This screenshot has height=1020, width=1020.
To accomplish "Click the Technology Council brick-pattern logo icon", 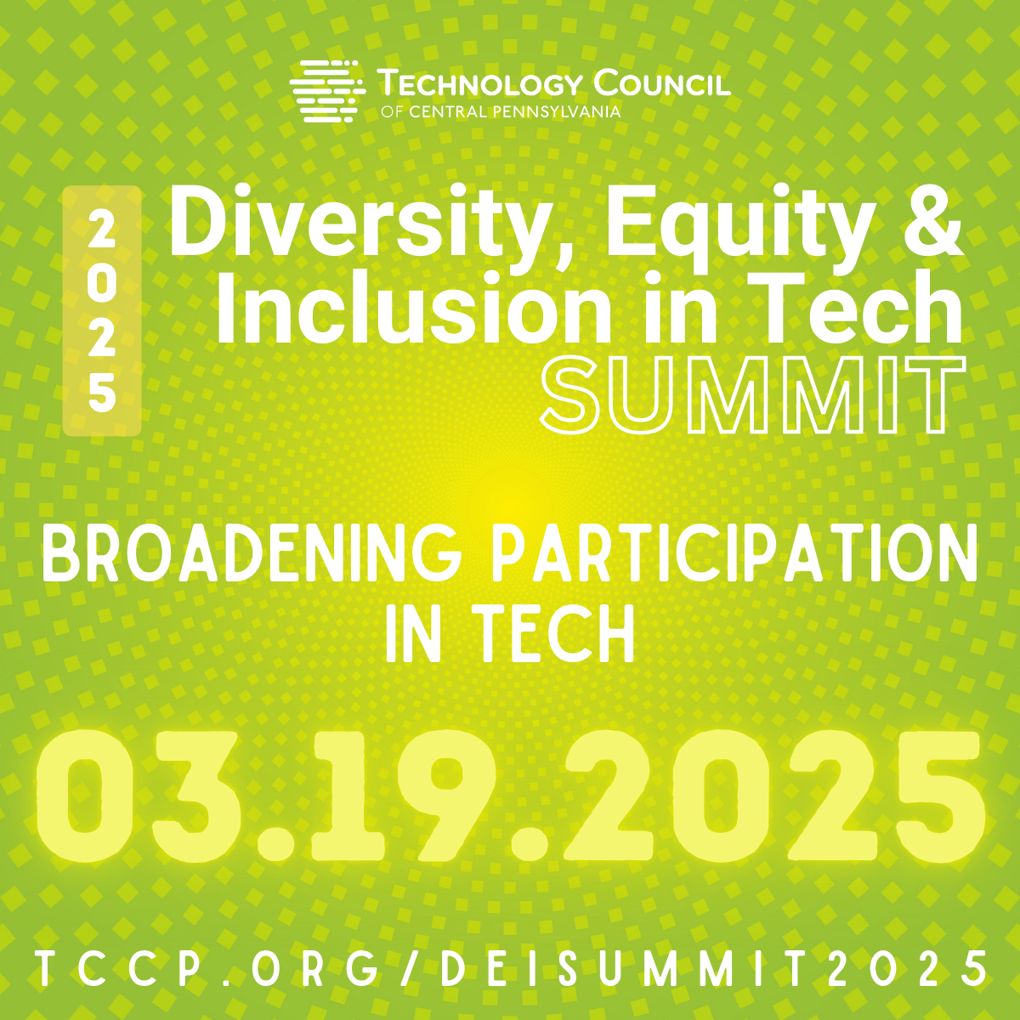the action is click(x=327, y=91).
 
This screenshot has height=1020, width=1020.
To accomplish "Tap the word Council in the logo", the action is click(x=661, y=83).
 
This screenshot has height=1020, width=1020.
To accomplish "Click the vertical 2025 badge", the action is click(x=102, y=311).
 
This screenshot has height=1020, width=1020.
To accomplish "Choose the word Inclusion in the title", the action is click(x=413, y=307).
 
